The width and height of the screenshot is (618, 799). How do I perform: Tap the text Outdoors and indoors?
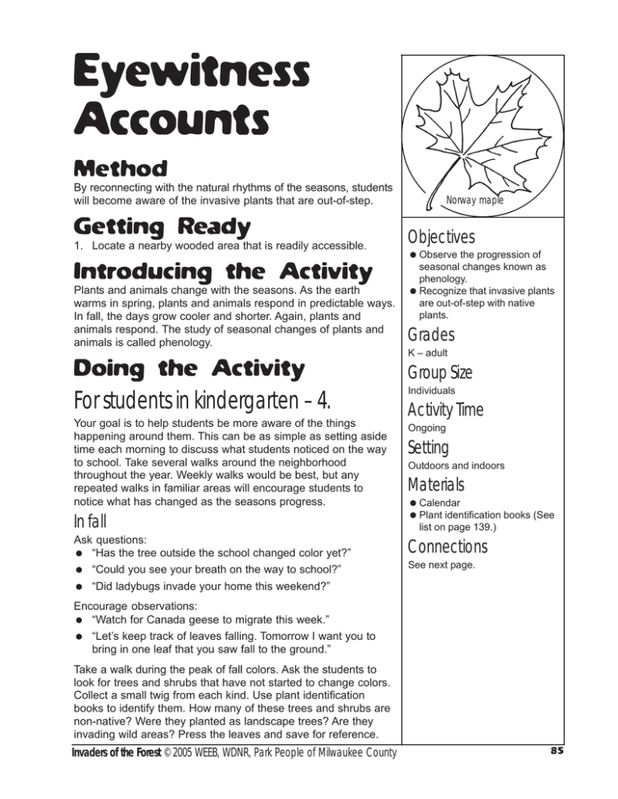pyautogui.click(x=462, y=465)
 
